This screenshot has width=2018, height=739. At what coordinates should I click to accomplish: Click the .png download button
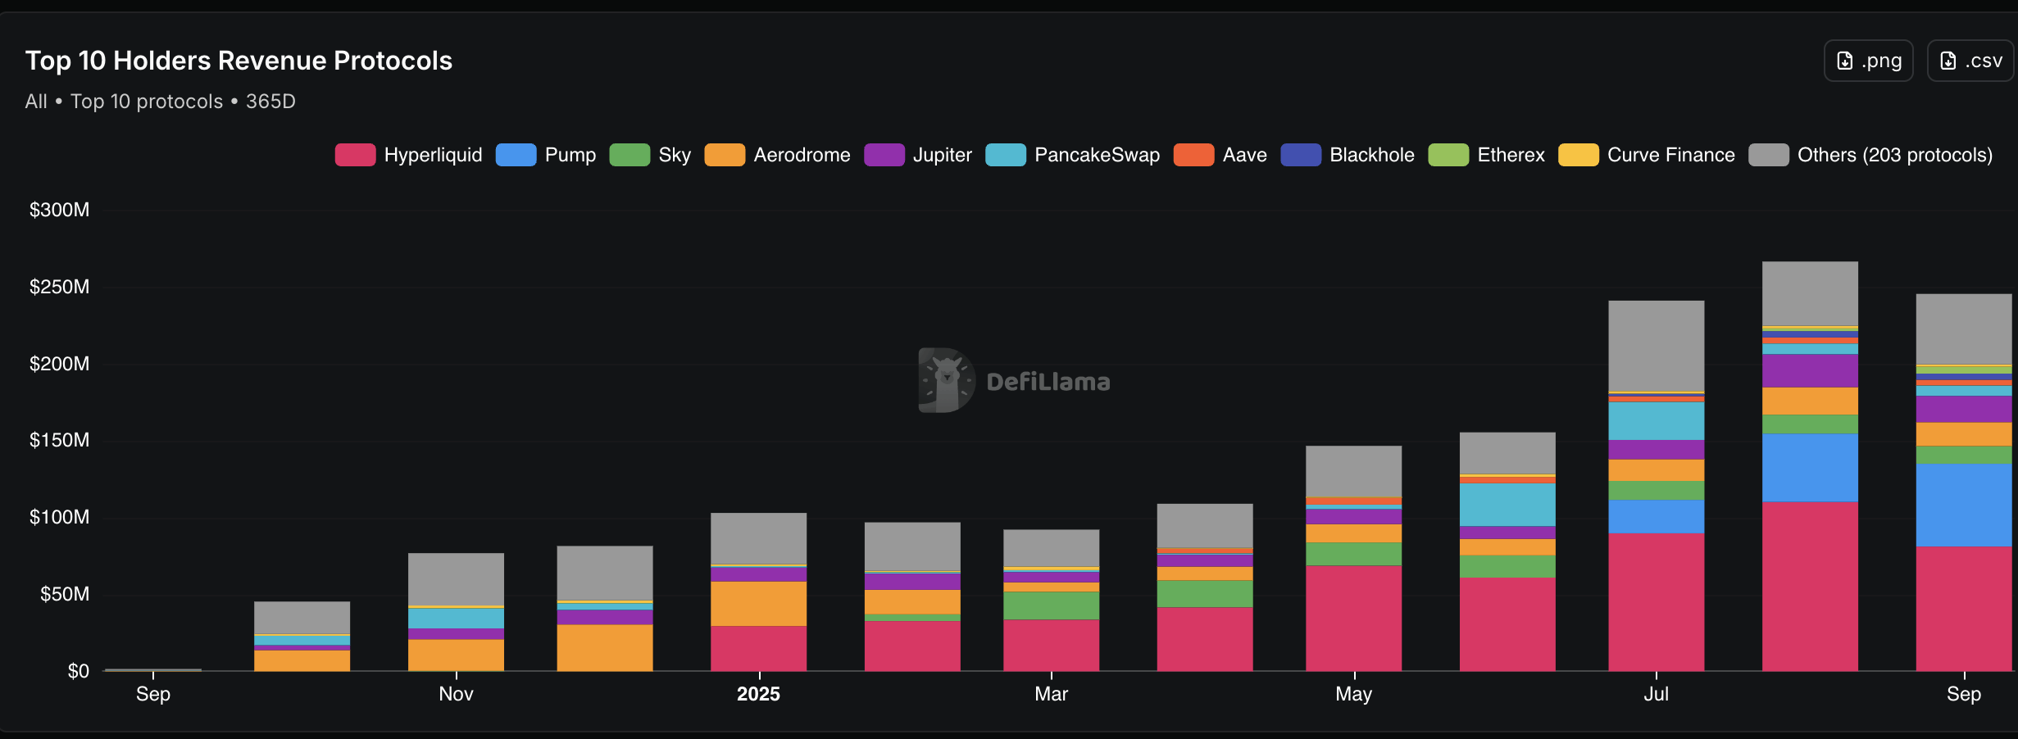(x=1868, y=61)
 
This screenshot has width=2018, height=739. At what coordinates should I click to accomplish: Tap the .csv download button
(x=1970, y=61)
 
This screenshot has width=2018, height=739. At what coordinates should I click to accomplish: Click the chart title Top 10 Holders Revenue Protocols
(x=239, y=61)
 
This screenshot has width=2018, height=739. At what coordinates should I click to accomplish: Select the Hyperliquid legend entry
(x=409, y=155)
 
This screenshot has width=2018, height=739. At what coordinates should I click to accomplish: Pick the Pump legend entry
(x=546, y=155)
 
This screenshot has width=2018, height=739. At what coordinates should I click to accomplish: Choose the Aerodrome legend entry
(x=778, y=155)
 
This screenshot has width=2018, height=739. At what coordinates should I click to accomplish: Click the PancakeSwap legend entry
(x=1073, y=155)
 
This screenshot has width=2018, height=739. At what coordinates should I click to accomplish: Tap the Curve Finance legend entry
(x=1647, y=155)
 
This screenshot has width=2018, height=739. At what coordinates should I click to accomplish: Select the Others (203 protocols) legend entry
(x=1870, y=155)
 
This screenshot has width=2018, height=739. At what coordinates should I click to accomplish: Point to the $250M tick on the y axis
(x=59, y=287)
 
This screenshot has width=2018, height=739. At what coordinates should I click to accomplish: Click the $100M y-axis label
(x=59, y=517)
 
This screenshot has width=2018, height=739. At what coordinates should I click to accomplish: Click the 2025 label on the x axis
(x=758, y=694)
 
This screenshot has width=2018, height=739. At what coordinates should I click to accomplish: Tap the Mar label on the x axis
(x=1051, y=694)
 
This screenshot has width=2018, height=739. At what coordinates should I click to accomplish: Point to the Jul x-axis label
(x=1656, y=694)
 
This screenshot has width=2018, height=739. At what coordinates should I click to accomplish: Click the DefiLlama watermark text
(x=1048, y=382)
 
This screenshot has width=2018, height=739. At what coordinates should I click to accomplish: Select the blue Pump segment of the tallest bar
(x=1810, y=467)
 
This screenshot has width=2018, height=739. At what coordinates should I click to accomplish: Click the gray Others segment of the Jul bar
(x=1656, y=346)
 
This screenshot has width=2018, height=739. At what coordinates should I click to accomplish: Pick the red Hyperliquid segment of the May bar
(x=1353, y=618)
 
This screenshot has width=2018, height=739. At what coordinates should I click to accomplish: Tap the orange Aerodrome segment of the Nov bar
(x=456, y=655)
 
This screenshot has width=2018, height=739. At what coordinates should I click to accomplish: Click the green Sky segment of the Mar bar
(x=1051, y=605)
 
